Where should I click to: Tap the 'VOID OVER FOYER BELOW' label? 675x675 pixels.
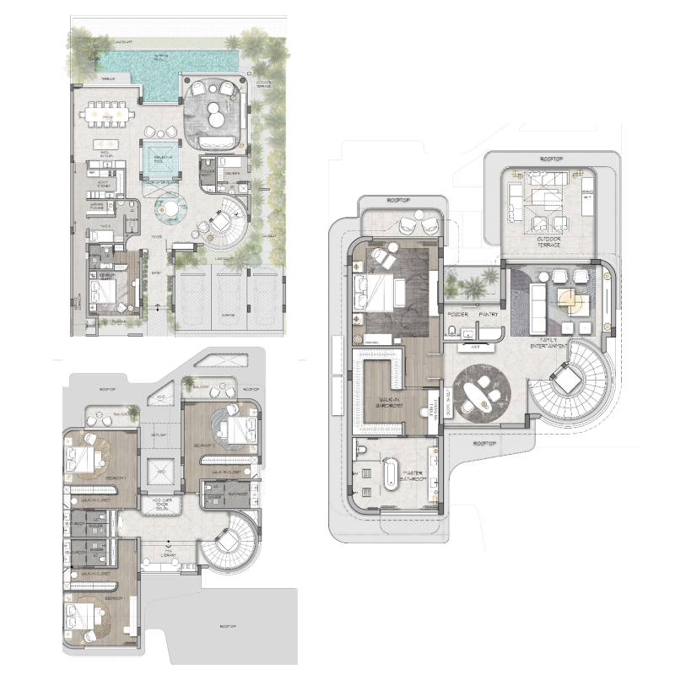162,504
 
